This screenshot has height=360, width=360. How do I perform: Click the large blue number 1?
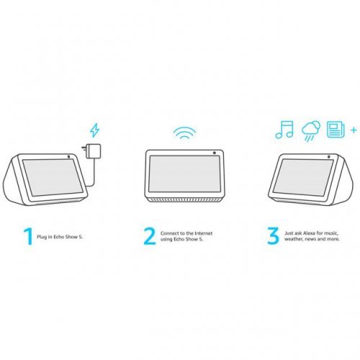[29, 237]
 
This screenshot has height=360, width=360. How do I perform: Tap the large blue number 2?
[150, 236]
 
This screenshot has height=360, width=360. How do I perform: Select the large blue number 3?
[273, 236]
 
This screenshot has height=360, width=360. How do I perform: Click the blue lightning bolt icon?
[94, 130]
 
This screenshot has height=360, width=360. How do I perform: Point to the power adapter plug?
[92, 151]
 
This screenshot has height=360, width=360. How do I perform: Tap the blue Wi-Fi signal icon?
[184, 132]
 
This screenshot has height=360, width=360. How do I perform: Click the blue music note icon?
[284, 130]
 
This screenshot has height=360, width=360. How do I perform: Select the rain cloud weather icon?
[311, 131]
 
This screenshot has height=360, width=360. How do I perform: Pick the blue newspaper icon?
[336, 130]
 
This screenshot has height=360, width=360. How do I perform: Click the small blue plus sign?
[354, 130]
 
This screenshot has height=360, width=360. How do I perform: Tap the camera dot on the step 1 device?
[69, 156]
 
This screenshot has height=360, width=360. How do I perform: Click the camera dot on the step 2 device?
[215, 153]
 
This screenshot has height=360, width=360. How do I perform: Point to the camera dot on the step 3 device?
[328, 157]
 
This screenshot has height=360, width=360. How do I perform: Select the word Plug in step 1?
[41, 237]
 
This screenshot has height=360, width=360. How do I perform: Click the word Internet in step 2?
[204, 233]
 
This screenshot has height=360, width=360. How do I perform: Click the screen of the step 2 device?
[184, 174]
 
